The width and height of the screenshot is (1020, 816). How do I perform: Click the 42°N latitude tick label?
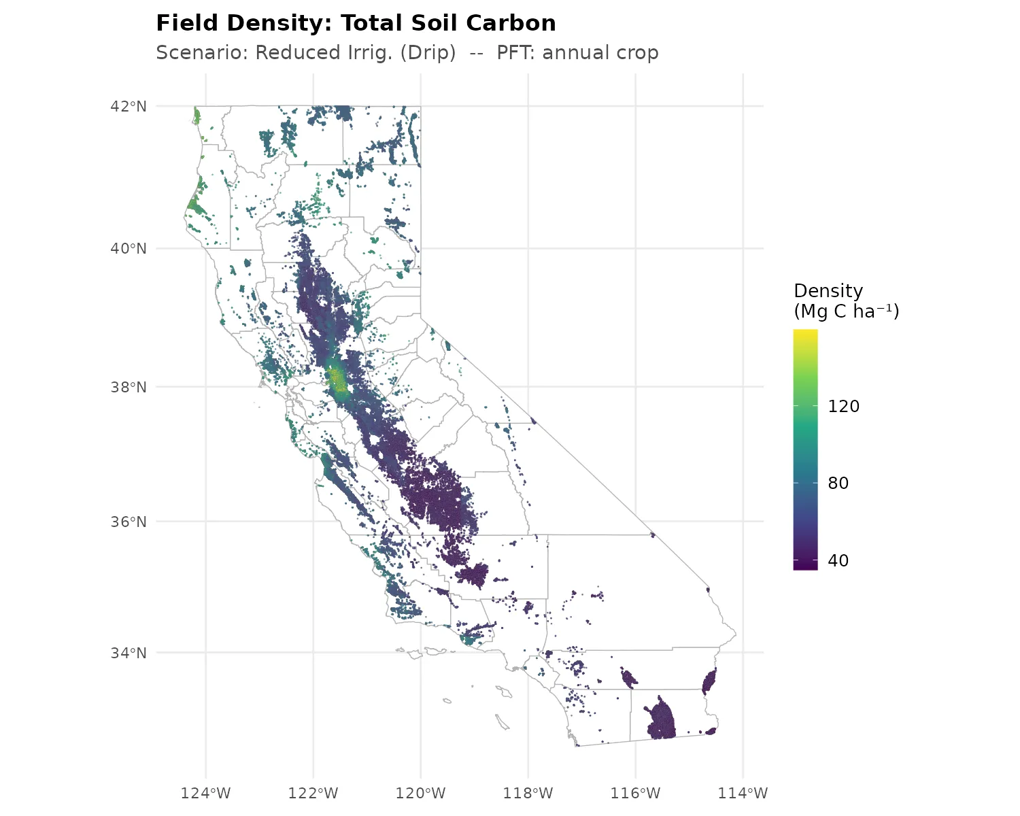pyautogui.click(x=129, y=106)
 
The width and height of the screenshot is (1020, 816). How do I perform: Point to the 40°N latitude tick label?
pyautogui.click(x=129, y=248)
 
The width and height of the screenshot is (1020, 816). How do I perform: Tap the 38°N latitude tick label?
pyautogui.click(x=129, y=387)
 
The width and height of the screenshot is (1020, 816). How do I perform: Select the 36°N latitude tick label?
pyautogui.click(x=129, y=522)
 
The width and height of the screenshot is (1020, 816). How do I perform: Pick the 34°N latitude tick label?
pyautogui.click(x=129, y=653)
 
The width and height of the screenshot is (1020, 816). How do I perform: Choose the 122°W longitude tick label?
pyautogui.click(x=313, y=793)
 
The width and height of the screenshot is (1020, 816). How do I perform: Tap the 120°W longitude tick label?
pyautogui.click(x=420, y=793)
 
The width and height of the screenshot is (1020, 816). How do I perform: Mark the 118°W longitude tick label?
pyautogui.click(x=528, y=793)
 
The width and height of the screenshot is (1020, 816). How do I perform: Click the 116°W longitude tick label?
pyautogui.click(x=635, y=793)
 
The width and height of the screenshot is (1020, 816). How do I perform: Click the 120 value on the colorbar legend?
pyautogui.click(x=843, y=407)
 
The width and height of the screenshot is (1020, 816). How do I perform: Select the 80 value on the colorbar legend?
pyautogui.click(x=838, y=483)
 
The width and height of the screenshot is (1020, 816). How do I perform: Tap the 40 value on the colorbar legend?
pyautogui.click(x=838, y=561)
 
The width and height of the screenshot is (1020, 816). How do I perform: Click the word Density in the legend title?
pyautogui.click(x=828, y=291)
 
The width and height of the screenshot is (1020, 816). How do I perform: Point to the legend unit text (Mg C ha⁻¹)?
pyautogui.click(x=847, y=311)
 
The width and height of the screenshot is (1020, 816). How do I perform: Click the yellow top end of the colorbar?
pyautogui.click(x=805, y=335)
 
